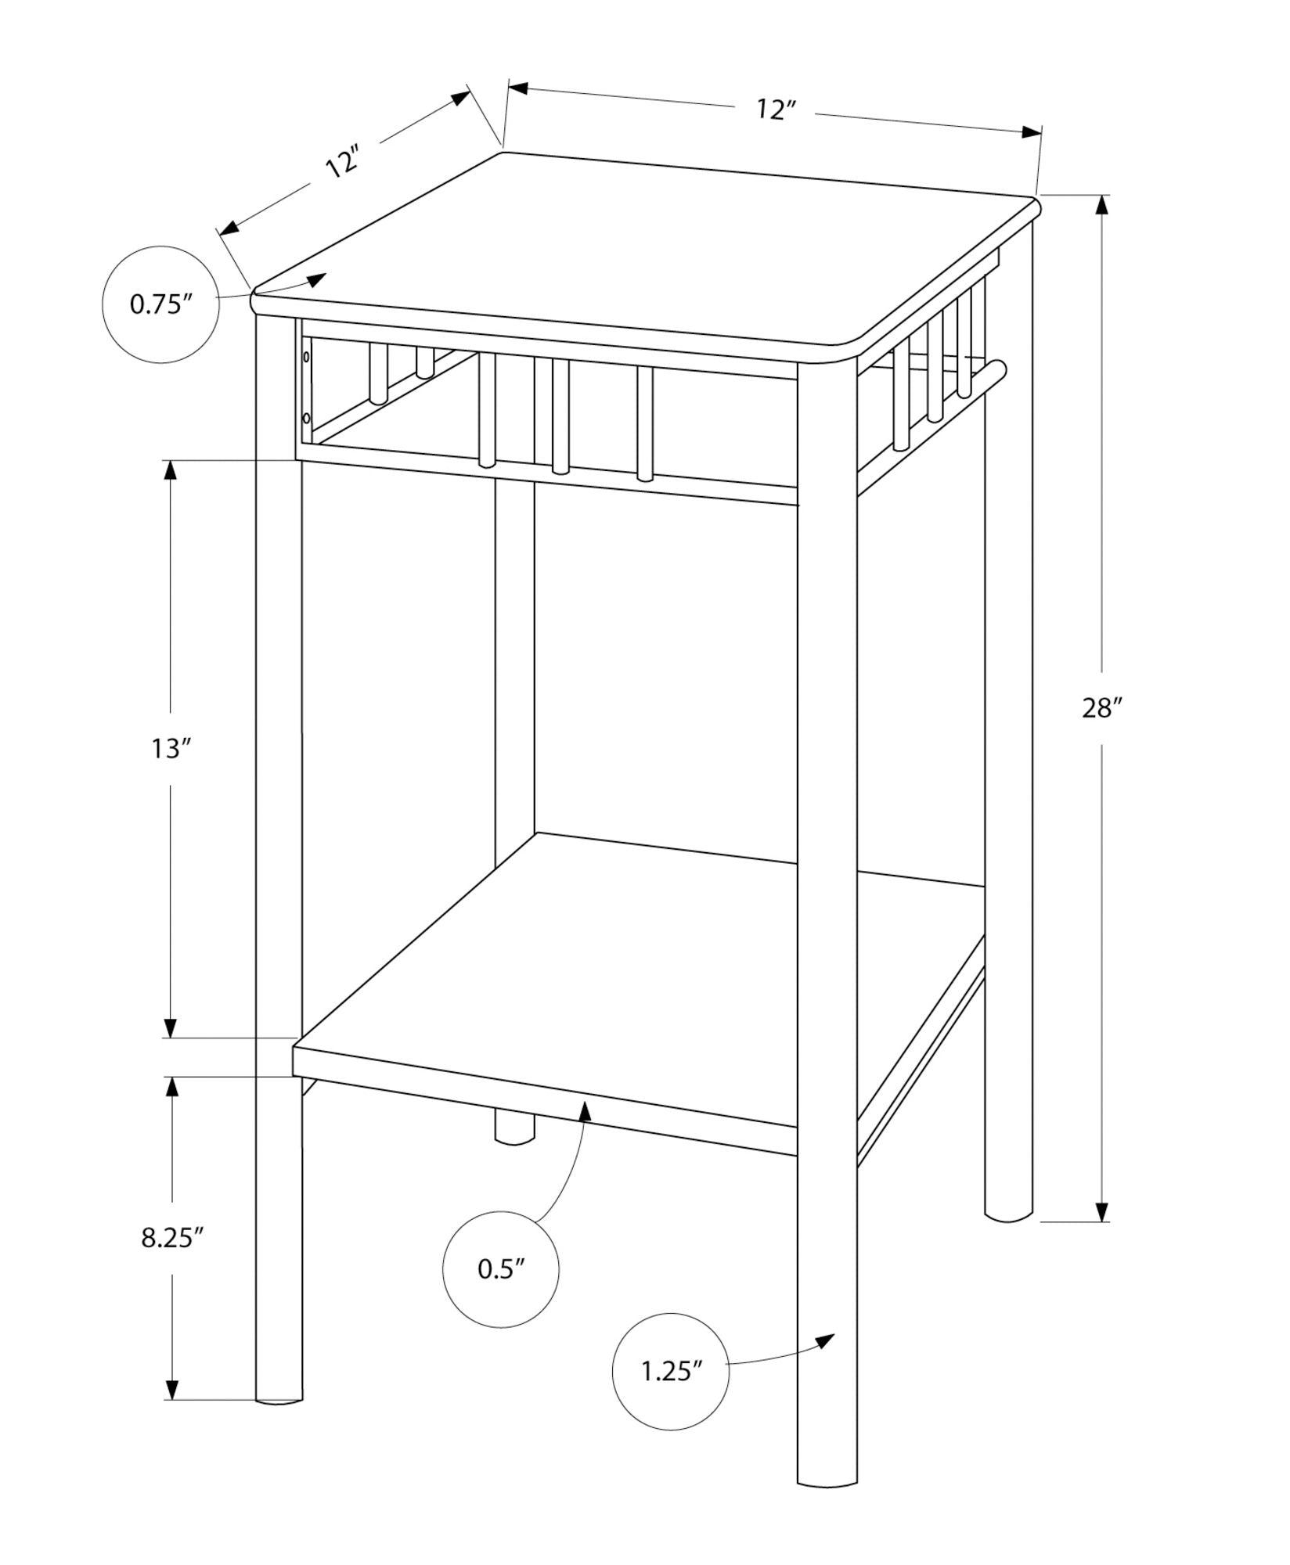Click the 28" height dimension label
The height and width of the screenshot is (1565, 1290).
pyautogui.click(x=1102, y=709)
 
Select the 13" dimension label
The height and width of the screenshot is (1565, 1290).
pyautogui.click(x=171, y=748)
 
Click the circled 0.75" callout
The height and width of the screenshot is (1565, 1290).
pyautogui.click(x=160, y=304)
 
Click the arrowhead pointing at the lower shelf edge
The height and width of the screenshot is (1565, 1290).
pyautogui.click(x=584, y=1109)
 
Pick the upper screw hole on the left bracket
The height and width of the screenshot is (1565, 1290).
pyautogui.click(x=306, y=358)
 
